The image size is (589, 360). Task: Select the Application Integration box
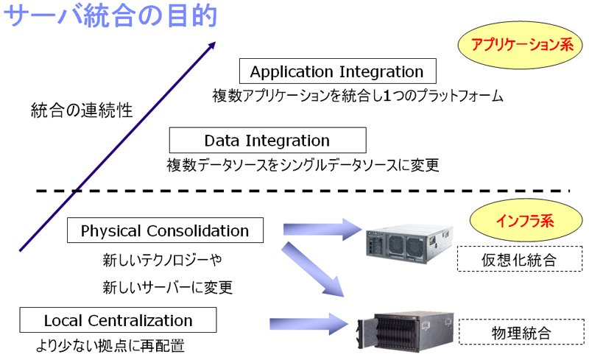click(x=338, y=71)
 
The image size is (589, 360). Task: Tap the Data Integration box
click(x=267, y=140)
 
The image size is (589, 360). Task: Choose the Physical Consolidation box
click(x=165, y=230)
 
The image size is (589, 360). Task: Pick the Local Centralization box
click(x=118, y=320)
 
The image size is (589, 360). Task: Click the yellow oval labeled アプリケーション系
click(x=521, y=45)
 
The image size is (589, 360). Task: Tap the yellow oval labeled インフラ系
click(x=526, y=220)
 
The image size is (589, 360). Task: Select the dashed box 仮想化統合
click(x=520, y=259)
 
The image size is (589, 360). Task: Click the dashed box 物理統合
click(x=521, y=332)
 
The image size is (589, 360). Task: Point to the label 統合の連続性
click(x=82, y=110)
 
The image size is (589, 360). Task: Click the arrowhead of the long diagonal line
click(x=213, y=45)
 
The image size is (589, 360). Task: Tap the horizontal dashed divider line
click(x=303, y=191)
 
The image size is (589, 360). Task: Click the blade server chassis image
click(x=406, y=331)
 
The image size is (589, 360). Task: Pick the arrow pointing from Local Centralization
click(x=308, y=324)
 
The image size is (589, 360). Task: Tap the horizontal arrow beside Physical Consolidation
click(x=322, y=229)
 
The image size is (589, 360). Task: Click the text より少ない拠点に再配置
click(x=110, y=346)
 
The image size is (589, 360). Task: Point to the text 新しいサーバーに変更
click(x=168, y=287)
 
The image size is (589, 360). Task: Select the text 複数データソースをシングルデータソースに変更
click(x=303, y=165)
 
